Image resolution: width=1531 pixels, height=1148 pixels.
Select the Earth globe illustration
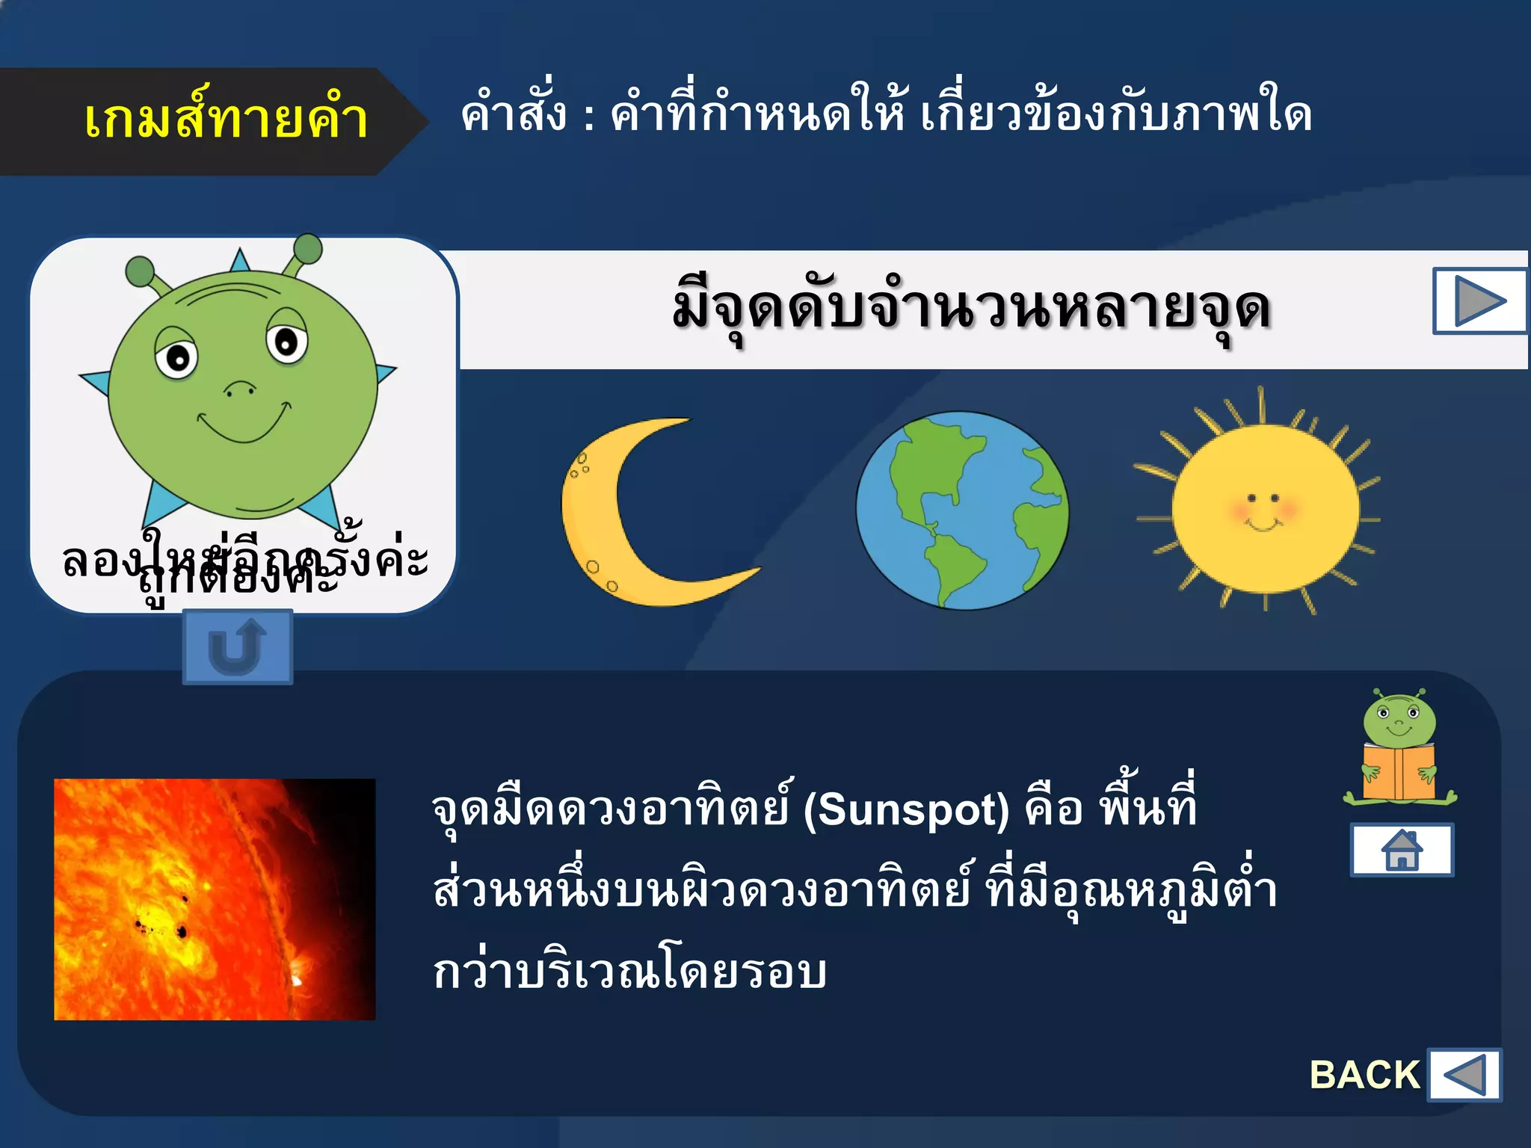tap(962, 511)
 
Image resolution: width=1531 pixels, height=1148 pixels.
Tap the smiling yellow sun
tap(1263, 508)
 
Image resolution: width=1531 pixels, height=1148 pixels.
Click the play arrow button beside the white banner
tap(1479, 301)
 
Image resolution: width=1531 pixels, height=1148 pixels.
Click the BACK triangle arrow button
tap(1464, 1075)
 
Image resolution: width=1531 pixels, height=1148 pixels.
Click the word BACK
tap(1364, 1075)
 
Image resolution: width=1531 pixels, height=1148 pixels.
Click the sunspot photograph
tap(215, 899)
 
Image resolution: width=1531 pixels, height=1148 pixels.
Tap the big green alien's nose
tap(240, 389)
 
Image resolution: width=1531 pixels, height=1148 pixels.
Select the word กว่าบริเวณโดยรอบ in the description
tap(629, 972)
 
